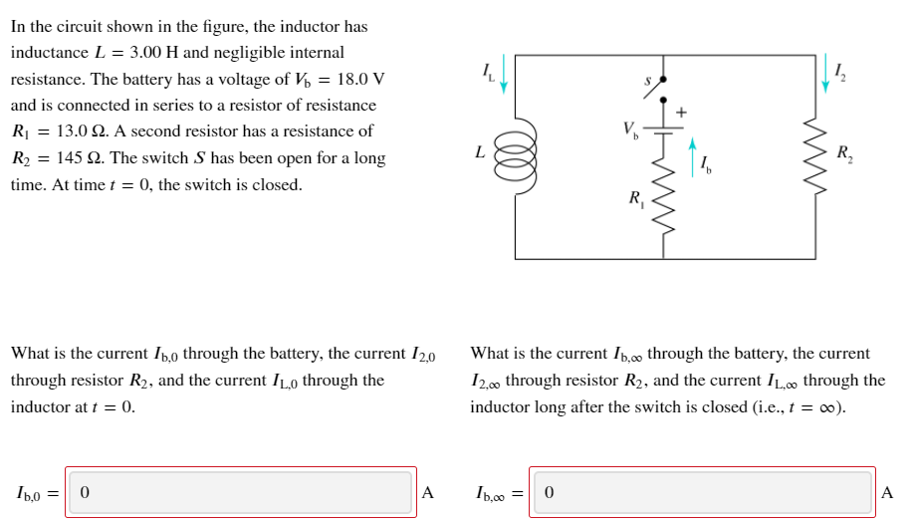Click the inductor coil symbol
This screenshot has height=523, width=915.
click(517, 157)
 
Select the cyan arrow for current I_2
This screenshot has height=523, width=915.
click(825, 74)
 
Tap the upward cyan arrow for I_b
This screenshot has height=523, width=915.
click(693, 155)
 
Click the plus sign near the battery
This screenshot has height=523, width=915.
click(681, 112)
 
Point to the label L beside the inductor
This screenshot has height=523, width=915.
click(481, 152)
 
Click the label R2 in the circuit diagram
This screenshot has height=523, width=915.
click(845, 153)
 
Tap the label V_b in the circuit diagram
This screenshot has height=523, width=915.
click(629, 129)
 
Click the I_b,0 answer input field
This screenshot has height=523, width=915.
click(241, 492)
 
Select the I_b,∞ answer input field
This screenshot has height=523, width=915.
click(702, 492)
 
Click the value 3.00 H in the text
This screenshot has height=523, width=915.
click(155, 52)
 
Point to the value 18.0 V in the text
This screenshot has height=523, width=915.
click(355, 79)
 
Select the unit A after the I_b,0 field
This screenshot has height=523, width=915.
click(428, 492)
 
